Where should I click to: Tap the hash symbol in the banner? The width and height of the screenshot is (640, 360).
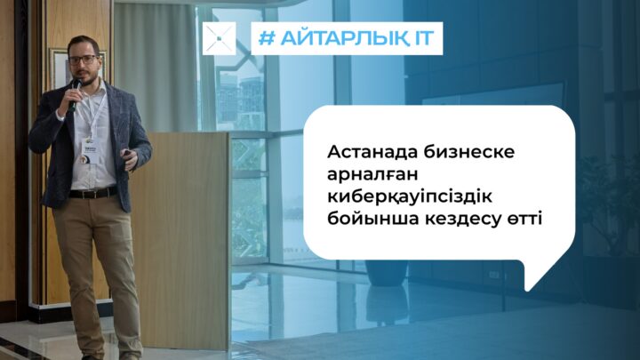[x=267, y=38]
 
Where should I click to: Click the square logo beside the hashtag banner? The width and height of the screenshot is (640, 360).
[x=220, y=38]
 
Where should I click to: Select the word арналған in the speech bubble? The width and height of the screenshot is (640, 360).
[x=372, y=175]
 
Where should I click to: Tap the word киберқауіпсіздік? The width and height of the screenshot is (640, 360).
[x=410, y=196]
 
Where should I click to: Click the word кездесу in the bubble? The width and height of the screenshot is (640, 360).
[x=464, y=220]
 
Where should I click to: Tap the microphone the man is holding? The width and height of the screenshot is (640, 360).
[x=75, y=95]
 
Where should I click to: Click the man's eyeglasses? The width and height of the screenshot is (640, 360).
[x=84, y=60]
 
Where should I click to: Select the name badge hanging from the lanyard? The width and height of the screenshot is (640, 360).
[x=90, y=152]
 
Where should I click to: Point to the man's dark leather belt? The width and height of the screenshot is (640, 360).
[x=93, y=192]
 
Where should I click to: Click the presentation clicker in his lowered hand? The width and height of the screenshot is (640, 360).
[x=129, y=154]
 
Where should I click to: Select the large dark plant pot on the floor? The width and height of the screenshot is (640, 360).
[x=386, y=273]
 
